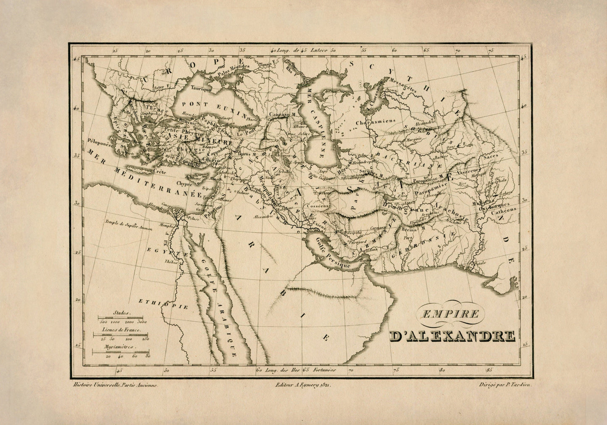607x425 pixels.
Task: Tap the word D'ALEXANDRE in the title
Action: click(x=452, y=336)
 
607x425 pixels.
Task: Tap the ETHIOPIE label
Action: click(x=163, y=304)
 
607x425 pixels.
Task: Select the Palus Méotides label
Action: click(x=234, y=66)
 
